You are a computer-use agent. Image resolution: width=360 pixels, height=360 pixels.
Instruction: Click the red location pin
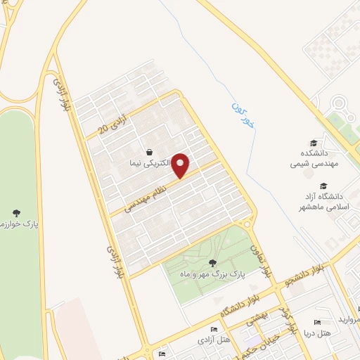click(x=181, y=165)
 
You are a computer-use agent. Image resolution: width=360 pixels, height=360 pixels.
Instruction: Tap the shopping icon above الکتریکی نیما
click(x=150, y=152)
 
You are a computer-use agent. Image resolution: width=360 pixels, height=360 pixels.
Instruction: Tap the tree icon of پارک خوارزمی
click(x=16, y=212)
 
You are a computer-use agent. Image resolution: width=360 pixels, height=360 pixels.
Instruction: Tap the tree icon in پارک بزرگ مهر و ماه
click(x=212, y=263)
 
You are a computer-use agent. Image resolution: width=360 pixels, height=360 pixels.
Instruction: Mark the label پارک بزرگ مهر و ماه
click(x=213, y=274)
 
